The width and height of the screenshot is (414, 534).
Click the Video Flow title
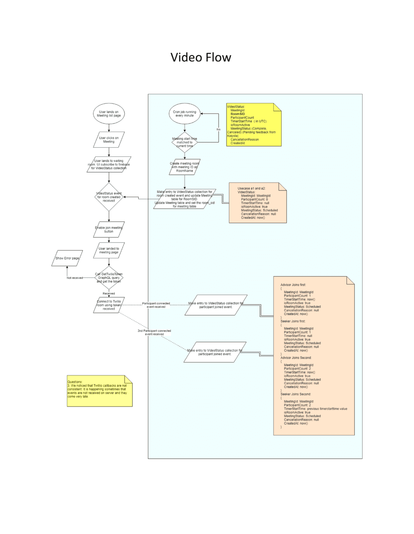tap(201, 58)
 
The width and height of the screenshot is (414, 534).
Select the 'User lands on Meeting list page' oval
tap(109, 114)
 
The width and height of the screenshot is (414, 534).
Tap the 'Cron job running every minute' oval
tap(185, 114)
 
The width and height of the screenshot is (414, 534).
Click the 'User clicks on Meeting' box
tap(109, 140)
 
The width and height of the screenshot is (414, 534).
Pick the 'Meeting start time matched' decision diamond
tap(185, 142)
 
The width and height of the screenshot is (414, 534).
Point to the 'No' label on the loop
tap(219, 130)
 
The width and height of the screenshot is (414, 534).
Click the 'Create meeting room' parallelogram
tap(185, 167)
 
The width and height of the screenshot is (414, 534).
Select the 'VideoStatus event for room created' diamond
tap(109, 197)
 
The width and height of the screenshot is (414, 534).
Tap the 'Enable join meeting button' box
tap(109, 230)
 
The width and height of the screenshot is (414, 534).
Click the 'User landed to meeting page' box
tap(109, 250)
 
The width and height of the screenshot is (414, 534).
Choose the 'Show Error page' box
tap(67, 258)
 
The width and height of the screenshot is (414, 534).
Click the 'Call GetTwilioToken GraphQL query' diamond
tap(109, 278)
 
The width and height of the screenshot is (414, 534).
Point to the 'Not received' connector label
tap(75, 278)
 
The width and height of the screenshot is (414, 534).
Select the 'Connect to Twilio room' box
tap(109, 305)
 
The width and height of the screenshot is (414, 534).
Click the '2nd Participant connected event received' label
tap(154, 332)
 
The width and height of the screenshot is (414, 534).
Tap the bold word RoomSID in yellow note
tap(238, 114)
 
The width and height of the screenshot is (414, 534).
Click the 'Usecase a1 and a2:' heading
tap(251, 188)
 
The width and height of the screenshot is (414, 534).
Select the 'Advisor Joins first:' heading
tap(293, 285)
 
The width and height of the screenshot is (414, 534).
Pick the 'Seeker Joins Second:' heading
tap(296, 394)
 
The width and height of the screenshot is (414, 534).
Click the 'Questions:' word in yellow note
tap(75, 382)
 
